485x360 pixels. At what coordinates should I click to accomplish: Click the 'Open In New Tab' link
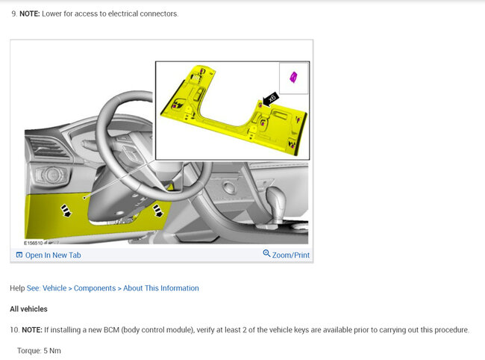(x=53, y=255)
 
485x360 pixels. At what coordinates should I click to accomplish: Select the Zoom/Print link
(x=291, y=255)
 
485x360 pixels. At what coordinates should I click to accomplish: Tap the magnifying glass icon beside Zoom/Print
(x=266, y=253)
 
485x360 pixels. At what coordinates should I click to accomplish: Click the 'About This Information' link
(x=161, y=288)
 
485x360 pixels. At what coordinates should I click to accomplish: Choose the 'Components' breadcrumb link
(x=95, y=288)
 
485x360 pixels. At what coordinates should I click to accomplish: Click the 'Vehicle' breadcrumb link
(x=54, y=288)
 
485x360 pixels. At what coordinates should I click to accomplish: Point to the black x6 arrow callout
(x=270, y=99)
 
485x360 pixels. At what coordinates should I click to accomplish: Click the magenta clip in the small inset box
(x=293, y=77)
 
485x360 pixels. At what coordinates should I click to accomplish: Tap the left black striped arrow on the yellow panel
(x=66, y=211)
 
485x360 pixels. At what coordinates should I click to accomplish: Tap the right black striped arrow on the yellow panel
(x=157, y=210)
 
